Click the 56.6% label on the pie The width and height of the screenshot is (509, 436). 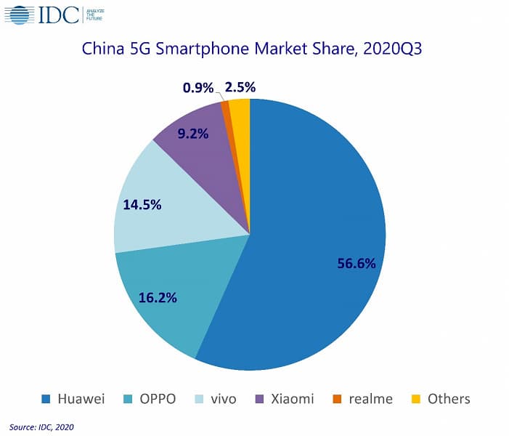pos(357,263)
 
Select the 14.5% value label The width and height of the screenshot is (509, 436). pos(142,205)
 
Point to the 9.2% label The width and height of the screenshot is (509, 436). pos(192,133)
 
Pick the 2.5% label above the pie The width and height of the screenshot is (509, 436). pos(240,88)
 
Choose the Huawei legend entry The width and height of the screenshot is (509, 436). pos(73,398)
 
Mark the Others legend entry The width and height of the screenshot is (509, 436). pos(441,398)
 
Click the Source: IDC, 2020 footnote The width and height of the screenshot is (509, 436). pos(41,427)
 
